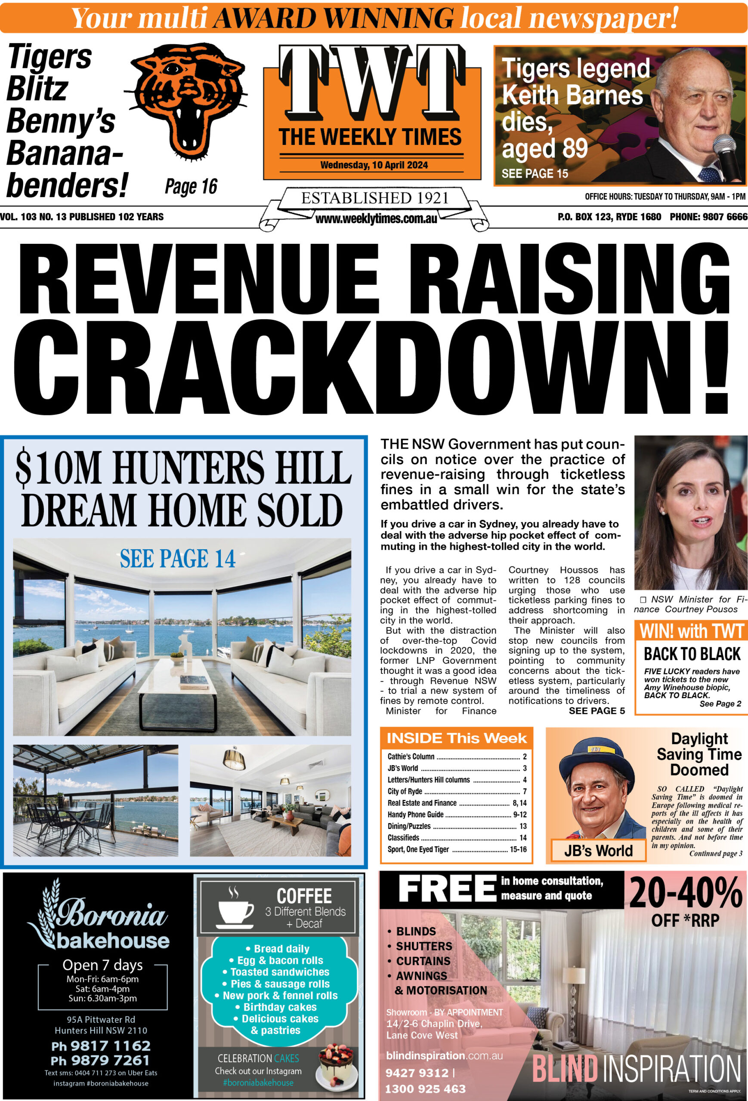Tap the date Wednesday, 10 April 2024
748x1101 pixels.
[x=374, y=165]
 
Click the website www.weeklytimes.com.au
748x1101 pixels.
[x=376, y=219]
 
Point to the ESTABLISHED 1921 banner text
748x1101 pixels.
[x=374, y=197]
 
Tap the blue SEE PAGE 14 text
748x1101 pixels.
[x=177, y=559]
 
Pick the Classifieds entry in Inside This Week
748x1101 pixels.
[x=403, y=838]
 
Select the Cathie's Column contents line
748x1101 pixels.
[x=411, y=757]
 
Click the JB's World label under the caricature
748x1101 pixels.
[x=598, y=850]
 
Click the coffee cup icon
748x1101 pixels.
[x=235, y=908]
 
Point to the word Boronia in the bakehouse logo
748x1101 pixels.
[x=112, y=913]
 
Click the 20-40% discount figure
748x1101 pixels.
[x=686, y=893]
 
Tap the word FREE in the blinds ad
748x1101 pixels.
[x=447, y=889]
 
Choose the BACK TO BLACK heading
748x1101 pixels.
[x=692, y=654]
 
